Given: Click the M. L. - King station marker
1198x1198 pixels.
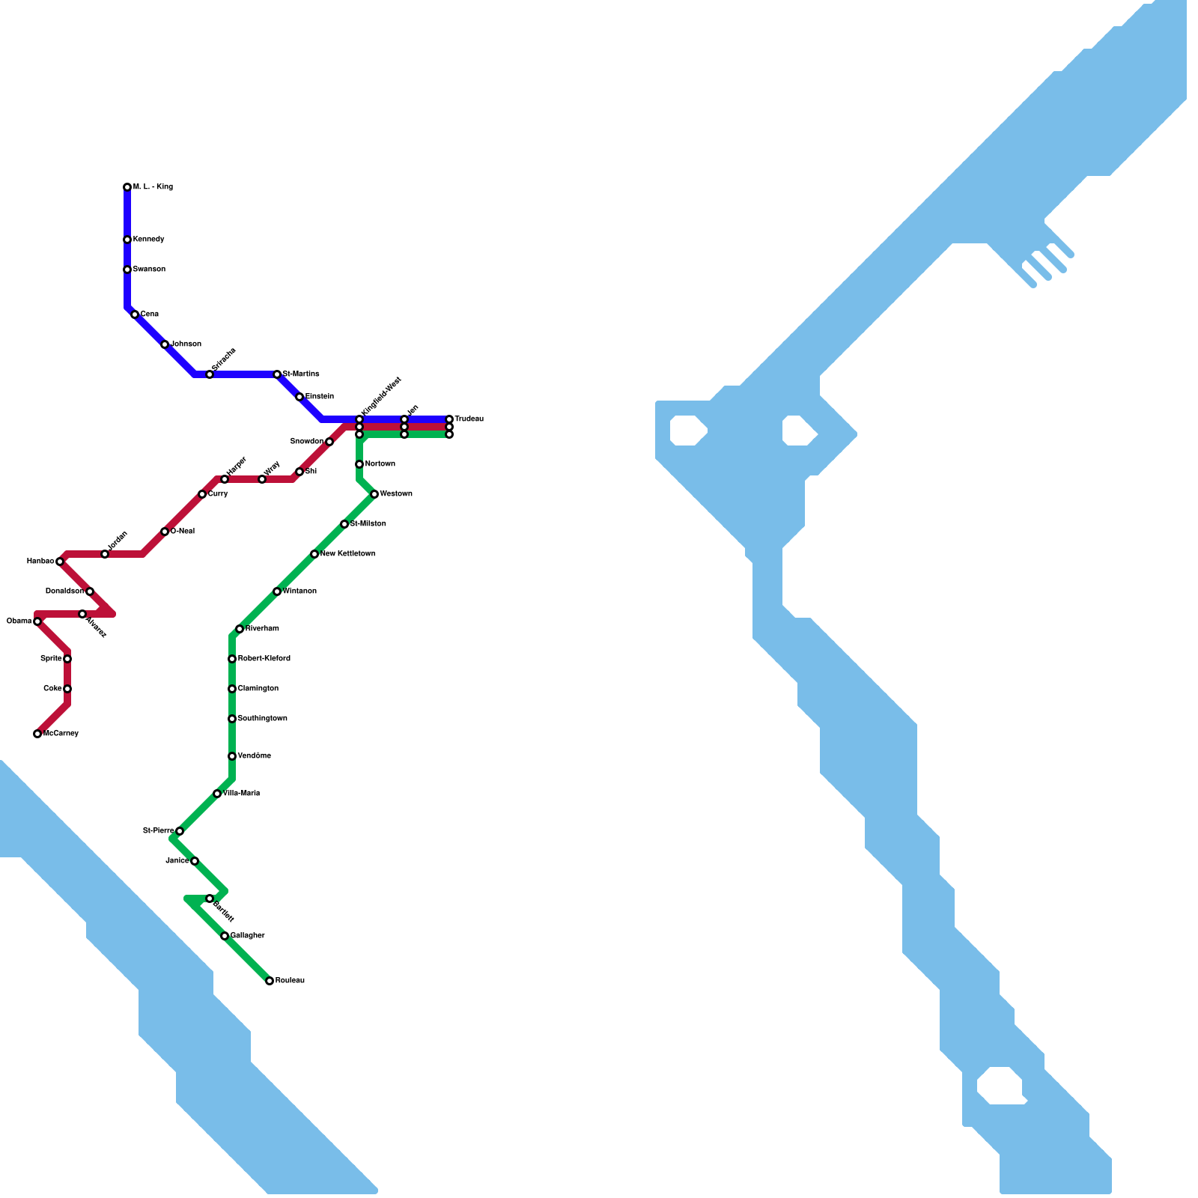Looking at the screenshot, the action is [127, 187].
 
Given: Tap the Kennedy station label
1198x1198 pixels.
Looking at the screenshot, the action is [148, 240].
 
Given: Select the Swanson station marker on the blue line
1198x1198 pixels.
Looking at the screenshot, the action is [127, 270].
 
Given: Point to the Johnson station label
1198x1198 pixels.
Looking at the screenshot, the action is [186, 344].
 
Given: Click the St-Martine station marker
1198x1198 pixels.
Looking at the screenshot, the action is [277, 374].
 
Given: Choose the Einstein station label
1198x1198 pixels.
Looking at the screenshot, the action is [319, 397].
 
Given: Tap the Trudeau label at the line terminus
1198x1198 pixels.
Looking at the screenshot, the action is [469, 419].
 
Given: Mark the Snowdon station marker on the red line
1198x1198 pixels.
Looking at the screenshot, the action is [329, 442].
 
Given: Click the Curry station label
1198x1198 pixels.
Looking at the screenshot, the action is [218, 494].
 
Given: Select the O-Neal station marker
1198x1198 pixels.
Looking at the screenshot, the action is [165, 532].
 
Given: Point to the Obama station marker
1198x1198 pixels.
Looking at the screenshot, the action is [37, 621].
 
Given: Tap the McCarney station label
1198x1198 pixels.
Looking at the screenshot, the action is [61, 734].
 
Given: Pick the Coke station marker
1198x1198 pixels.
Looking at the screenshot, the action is [67, 689].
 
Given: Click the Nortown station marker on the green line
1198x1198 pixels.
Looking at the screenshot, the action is [359, 464].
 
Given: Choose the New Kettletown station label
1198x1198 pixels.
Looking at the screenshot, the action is [347, 554].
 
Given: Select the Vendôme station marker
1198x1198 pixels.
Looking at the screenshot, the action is [232, 756].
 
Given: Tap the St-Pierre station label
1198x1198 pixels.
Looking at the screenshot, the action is [158, 831].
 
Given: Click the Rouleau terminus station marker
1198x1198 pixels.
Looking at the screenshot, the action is [270, 981].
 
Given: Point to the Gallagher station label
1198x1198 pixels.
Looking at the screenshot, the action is [247, 936].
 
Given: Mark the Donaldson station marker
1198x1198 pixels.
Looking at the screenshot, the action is [90, 592].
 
